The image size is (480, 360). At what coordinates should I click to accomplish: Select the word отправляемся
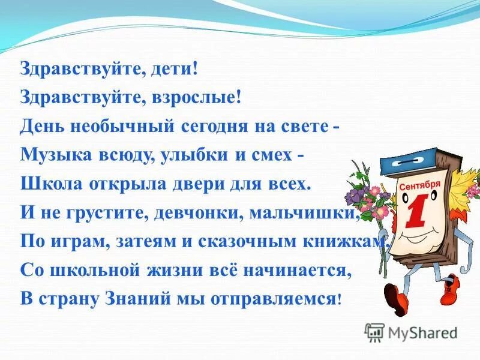[x=271, y=298]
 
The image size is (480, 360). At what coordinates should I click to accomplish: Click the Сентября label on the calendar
[x=420, y=185]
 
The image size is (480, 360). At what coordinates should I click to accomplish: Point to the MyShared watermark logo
[x=411, y=332]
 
